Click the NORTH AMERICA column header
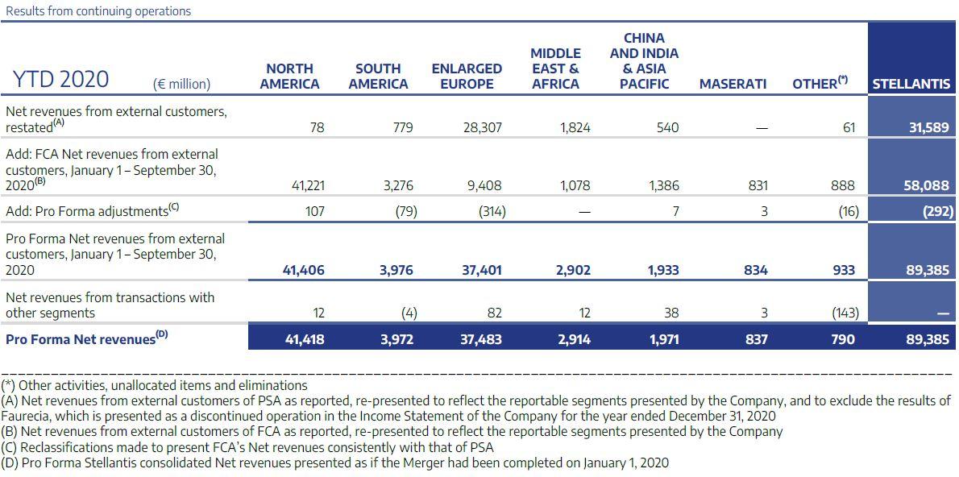(289, 76)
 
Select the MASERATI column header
(733, 84)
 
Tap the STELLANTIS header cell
(911, 84)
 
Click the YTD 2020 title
(60, 80)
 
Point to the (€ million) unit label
(181, 84)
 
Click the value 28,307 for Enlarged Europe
(482, 127)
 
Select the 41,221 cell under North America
(308, 185)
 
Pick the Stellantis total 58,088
(928, 185)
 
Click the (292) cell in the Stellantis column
(932, 211)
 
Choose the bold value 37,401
(481, 271)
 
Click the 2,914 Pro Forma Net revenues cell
(574, 339)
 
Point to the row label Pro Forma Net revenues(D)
(88, 339)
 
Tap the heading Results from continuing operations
(98, 11)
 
